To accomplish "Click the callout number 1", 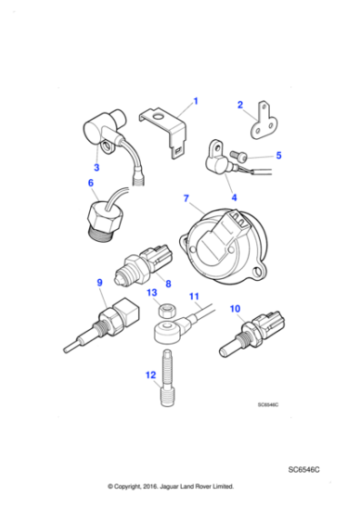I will coord(195,102).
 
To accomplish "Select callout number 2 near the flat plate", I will coord(241,105).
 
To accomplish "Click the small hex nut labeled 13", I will coord(166,312).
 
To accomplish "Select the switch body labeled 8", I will coord(136,269).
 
